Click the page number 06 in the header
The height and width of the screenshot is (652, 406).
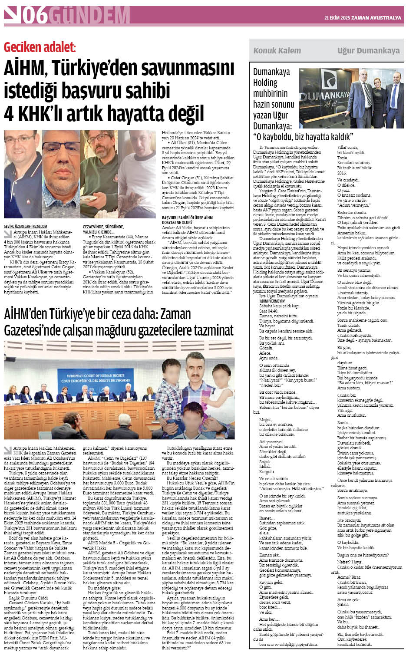(x=35, y=16)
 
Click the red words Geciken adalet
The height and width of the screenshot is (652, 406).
(x=40, y=47)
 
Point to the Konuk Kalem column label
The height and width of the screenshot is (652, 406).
(x=277, y=50)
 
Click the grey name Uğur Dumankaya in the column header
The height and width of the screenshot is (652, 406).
(x=368, y=50)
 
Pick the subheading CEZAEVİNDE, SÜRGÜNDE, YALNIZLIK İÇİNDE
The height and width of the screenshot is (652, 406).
(x=103, y=229)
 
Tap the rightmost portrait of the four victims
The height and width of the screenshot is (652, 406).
(x=137, y=174)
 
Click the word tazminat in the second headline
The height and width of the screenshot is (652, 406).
(x=211, y=330)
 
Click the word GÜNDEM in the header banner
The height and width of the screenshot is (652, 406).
(x=89, y=16)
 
